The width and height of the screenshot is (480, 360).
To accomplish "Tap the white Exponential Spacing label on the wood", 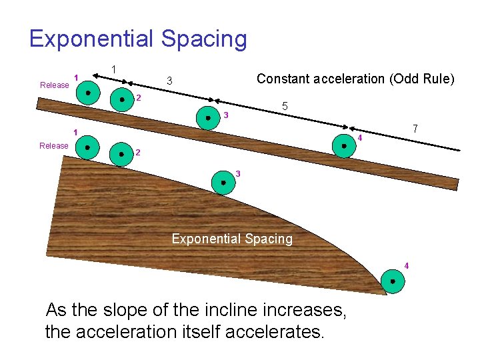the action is (232, 238).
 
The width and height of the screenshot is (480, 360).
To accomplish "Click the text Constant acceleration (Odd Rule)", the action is (355, 79).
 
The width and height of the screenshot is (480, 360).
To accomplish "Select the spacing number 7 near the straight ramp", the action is (415, 128).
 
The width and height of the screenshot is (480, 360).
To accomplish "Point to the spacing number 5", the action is (285, 107).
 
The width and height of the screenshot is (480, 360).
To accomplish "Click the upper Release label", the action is (55, 85).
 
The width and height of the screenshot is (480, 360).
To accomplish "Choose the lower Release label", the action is (54, 145).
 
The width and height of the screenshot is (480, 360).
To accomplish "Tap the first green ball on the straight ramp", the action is (88, 93).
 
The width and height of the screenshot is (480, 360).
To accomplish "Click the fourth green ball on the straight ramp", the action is (344, 145).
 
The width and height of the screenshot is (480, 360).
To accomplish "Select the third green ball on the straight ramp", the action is (208, 118).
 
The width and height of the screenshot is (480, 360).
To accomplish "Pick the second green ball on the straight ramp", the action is (122, 100).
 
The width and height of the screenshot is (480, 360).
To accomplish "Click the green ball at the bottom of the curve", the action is (393, 281).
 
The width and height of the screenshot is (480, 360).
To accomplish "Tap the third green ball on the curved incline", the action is (223, 181).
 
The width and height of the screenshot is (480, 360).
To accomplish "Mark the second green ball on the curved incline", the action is (121, 154).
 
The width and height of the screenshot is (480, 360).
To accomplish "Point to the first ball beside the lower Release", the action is (88, 147).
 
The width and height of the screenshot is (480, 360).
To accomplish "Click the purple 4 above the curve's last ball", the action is (407, 266).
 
